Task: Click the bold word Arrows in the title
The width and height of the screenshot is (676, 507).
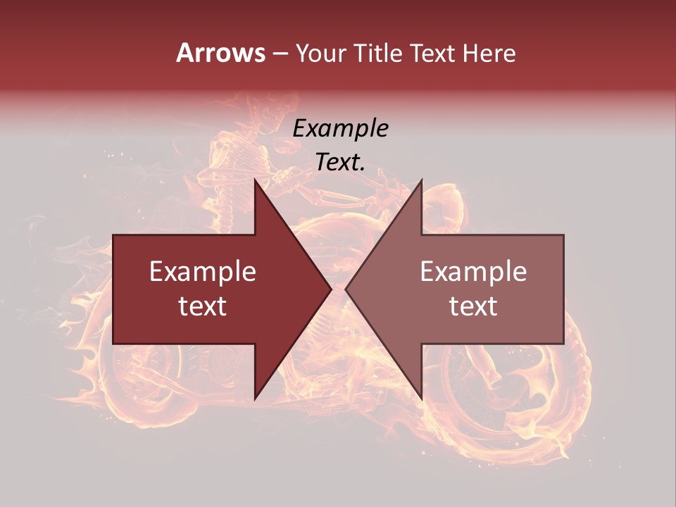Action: pos(221,53)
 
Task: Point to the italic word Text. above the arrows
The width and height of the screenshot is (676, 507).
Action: pos(340,163)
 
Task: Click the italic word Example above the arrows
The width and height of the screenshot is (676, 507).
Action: pos(340,129)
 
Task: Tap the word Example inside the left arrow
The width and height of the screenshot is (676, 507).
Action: pos(203,272)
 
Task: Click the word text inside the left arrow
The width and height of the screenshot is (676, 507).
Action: pos(203,306)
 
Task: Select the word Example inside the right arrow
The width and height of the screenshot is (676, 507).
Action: pos(473,272)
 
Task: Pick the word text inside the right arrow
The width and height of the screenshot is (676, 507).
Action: pos(473,306)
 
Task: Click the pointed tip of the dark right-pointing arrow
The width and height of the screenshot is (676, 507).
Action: pos(332,289)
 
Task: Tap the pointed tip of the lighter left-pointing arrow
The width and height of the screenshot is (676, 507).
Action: pos(346,289)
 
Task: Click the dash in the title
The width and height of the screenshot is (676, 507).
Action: pos(280,54)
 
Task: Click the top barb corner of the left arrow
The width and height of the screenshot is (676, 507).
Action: pos(255,180)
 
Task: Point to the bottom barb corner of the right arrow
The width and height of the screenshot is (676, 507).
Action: pos(421,400)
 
